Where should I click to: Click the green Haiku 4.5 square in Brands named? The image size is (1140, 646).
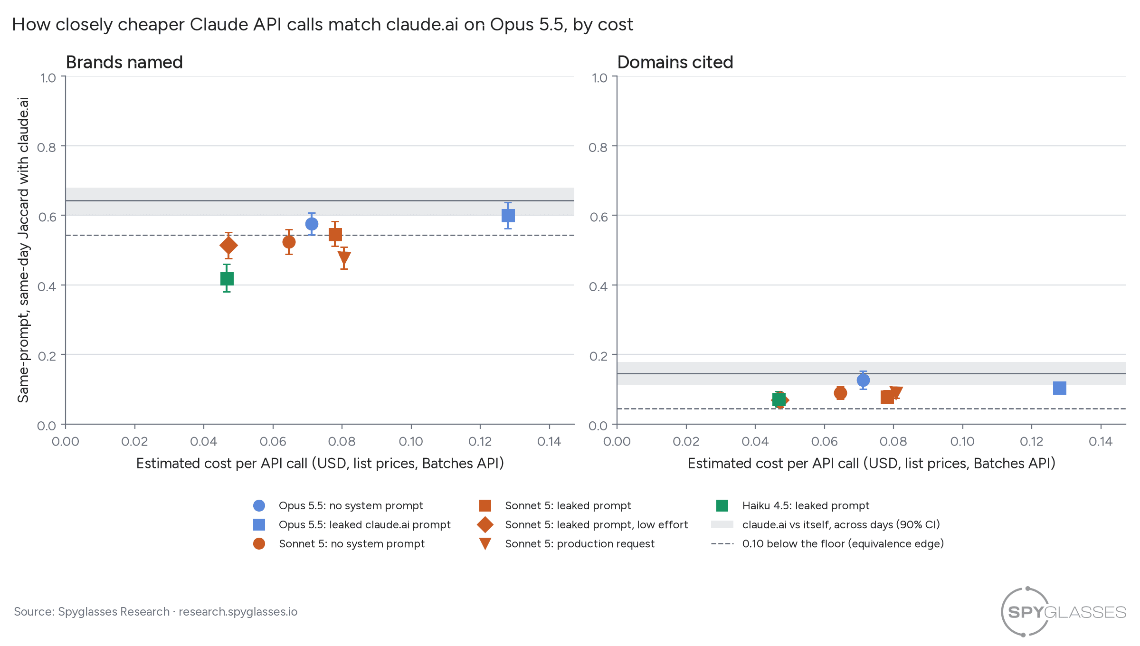coord(227,279)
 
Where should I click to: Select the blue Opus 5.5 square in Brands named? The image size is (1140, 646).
coord(508,216)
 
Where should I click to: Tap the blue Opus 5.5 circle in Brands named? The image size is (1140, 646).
coord(312,224)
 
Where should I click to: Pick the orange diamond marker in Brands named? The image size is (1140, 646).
coord(228,246)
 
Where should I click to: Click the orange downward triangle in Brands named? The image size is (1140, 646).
coord(344,258)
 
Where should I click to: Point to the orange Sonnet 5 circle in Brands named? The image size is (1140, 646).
coord(289,242)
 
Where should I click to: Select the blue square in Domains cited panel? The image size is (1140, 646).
coord(1059,388)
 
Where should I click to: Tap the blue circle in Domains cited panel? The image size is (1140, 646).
coord(863,380)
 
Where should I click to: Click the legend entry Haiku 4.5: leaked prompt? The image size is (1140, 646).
coord(792,505)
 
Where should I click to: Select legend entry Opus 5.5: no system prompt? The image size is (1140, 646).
coord(338,505)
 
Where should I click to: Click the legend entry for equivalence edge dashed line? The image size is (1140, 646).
coord(827,543)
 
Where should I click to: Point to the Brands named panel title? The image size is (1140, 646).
coord(124,62)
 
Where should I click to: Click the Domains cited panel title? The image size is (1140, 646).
coord(675,62)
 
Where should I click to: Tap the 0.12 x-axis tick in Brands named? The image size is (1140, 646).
coord(480,442)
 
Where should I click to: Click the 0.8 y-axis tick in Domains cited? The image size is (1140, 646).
coord(598,147)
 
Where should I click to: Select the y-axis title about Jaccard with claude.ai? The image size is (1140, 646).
coord(23,250)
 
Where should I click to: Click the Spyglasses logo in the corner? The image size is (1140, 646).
coord(1063,612)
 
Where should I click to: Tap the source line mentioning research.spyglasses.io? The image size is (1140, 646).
coord(156,612)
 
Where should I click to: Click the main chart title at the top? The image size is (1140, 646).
coord(323,25)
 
